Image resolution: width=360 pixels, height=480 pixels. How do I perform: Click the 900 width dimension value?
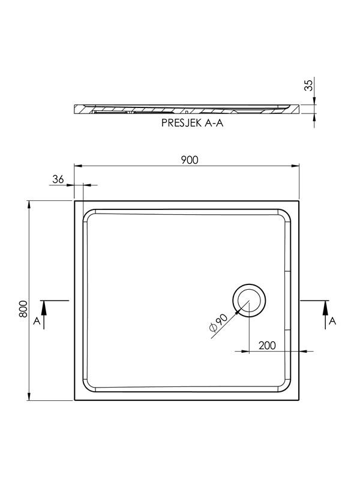(x=190, y=160)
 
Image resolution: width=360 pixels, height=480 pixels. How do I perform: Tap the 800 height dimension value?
(x=23, y=309)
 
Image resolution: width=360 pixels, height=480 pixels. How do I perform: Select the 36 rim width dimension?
(x=58, y=179)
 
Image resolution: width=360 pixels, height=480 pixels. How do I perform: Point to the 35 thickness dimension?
(x=310, y=85)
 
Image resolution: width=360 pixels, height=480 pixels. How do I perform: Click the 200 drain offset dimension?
(x=267, y=346)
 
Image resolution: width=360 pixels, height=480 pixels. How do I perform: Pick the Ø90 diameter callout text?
(x=218, y=323)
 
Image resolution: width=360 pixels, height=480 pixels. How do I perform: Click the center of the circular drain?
(x=249, y=301)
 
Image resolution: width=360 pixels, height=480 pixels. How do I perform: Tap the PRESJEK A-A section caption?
(x=192, y=123)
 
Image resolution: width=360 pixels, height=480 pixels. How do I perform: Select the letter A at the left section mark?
(x=37, y=321)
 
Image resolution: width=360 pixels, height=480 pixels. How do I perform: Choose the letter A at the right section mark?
(x=332, y=321)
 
